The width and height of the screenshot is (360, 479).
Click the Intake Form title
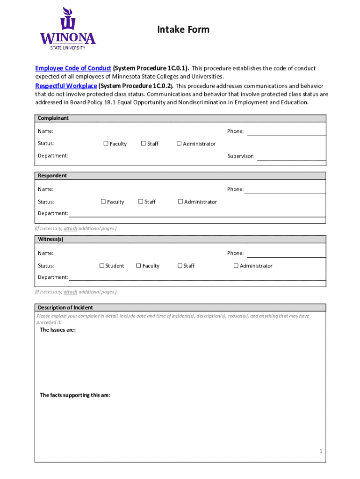(x=183, y=30)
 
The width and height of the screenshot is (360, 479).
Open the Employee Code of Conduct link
(x=73, y=68)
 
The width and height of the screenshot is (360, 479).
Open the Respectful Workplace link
(x=66, y=86)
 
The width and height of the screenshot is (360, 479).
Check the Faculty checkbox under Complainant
(x=106, y=144)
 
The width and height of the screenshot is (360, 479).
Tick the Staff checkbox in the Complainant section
(x=144, y=144)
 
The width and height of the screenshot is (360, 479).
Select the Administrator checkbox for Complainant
(x=179, y=144)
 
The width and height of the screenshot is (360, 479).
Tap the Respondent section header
(x=52, y=176)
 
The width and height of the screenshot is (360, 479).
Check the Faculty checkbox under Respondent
(x=103, y=202)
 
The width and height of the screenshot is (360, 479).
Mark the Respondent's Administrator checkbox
(x=180, y=202)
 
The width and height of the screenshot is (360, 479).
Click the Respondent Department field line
(x=196, y=216)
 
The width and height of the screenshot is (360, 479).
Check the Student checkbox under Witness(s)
(x=101, y=266)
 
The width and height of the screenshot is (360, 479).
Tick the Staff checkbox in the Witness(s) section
(x=180, y=266)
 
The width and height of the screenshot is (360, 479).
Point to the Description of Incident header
(x=65, y=308)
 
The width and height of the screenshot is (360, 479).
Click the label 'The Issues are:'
(x=58, y=330)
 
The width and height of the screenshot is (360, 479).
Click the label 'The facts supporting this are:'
(x=75, y=395)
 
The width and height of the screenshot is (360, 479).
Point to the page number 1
(x=321, y=451)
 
